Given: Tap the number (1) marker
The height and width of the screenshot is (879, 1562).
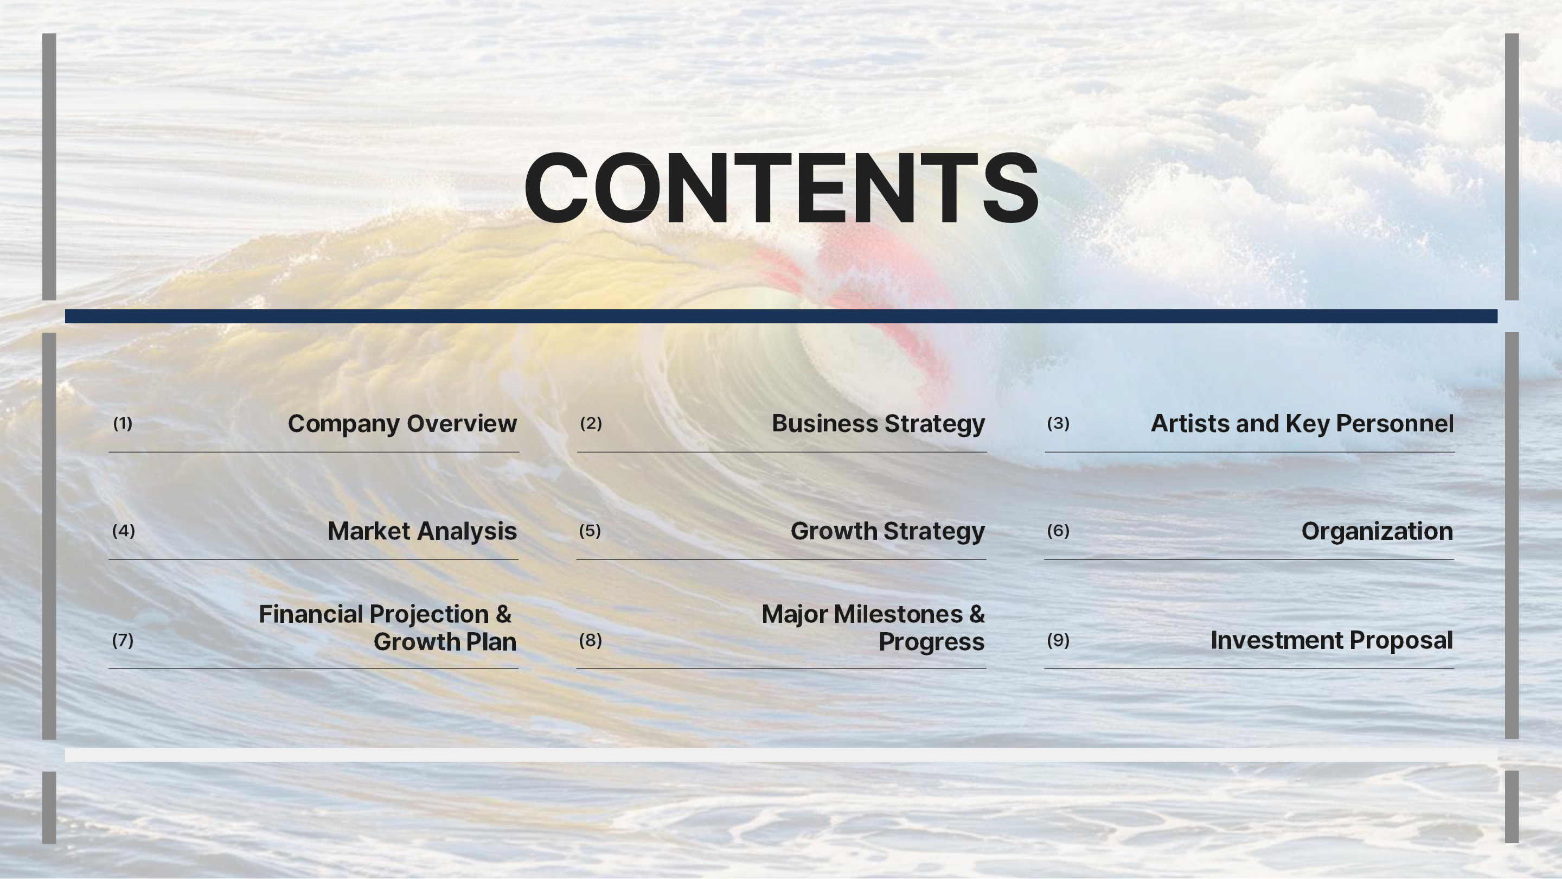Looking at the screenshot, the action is click(123, 423).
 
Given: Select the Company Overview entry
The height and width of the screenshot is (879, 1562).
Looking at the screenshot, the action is click(402, 423).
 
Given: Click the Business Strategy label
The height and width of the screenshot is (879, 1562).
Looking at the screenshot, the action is click(878, 423).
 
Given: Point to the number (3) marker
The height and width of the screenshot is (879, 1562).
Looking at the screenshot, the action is click(1058, 423).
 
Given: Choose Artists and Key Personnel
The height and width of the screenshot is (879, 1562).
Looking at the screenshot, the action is click(1302, 423).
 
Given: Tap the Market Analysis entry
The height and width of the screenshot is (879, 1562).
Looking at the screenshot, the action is click(422, 531).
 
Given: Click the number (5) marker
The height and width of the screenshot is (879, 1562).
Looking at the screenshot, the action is click(590, 531).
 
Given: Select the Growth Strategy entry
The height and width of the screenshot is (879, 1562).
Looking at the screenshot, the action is click(888, 531).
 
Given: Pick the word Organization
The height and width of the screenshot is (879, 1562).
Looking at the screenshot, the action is click(1377, 531).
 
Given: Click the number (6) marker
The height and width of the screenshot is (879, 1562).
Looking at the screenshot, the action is click(1058, 531).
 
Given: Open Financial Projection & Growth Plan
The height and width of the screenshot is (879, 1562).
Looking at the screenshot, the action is click(387, 628).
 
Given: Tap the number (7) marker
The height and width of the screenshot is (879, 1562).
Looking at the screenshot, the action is click(123, 640).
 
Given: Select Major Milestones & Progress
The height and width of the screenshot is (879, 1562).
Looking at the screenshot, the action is click(873, 628).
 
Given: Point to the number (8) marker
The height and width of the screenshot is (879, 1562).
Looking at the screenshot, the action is click(590, 640).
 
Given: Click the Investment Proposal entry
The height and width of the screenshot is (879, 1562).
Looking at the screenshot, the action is click(1331, 640).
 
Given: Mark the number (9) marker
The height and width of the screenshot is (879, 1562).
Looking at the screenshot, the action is click(1058, 640).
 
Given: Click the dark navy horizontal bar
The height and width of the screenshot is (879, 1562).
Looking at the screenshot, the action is click(781, 316).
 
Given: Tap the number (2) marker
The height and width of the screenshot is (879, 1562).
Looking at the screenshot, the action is click(591, 423).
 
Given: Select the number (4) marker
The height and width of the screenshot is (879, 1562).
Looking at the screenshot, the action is click(124, 531).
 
